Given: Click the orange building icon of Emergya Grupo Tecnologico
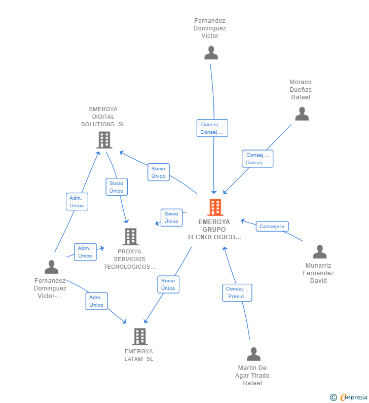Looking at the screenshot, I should coord(215,207).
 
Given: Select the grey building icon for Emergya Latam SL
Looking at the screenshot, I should coord(139,336).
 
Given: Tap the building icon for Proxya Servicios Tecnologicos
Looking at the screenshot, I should coord(130,236).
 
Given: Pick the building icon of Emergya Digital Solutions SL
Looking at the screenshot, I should coord(104,140).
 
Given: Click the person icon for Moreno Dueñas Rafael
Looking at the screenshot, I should coord(302,114).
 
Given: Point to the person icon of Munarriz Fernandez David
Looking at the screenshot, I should coord(319,252).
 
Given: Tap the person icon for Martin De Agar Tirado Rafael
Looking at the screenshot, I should coord(253,354).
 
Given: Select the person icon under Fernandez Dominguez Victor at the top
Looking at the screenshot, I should coord(211,53).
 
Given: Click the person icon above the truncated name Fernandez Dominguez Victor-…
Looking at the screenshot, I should coord(51,267).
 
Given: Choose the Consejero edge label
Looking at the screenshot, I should coord(272,227).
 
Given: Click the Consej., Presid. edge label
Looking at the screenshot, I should coord(237,292).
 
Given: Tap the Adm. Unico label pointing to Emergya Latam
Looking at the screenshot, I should coord(96,301).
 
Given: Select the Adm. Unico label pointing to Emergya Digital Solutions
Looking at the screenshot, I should coord(77,201).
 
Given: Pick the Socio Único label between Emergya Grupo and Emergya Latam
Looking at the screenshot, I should coord(168,284).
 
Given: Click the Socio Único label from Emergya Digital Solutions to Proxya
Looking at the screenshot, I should coord(116,187).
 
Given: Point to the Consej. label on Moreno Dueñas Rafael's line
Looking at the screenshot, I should coord(257,159).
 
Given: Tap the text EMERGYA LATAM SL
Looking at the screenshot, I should coord(138,355).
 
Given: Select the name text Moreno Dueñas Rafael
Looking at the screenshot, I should coord(301,90).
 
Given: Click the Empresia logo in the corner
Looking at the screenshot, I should coord(350,397).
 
